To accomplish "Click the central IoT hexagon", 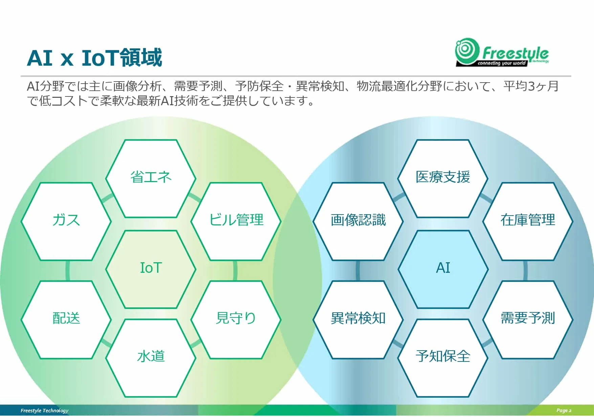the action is (x=151, y=269).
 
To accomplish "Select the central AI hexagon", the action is (x=443, y=269).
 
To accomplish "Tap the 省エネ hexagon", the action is (x=151, y=178).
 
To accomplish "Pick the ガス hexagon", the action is (x=66, y=221).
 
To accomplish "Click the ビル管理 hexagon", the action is (x=236, y=221).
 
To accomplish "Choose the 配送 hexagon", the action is (x=66, y=319).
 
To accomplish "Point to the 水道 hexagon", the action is (x=151, y=358).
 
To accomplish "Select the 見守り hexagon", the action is (x=236, y=319).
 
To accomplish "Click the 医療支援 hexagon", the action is (x=443, y=178).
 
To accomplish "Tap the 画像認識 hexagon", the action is (x=358, y=221).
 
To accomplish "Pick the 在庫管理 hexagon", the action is (x=528, y=221).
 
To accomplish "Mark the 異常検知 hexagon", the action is (x=358, y=319).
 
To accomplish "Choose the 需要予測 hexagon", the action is (x=528, y=319).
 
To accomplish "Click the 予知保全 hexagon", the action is (x=443, y=358).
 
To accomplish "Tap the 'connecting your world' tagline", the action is (x=502, y=63).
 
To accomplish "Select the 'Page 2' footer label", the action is (x=564, y=411).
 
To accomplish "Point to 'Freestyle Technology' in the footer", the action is (x=44, y=411).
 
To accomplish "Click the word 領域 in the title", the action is (x=141, y=57).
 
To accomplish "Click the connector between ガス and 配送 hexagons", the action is (x=68, y=271).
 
